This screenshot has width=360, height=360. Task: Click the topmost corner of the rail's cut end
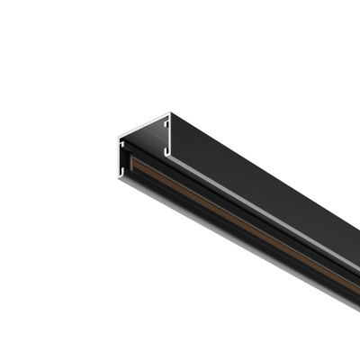[x=169, y=114]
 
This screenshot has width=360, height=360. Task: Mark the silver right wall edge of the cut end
[x=169, y=135]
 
